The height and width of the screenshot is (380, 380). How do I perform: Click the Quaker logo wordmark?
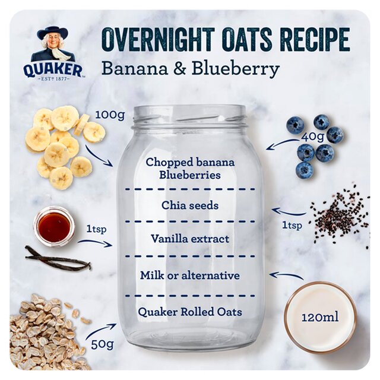[53, 70]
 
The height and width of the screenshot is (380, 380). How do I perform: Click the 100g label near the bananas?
[110, 115]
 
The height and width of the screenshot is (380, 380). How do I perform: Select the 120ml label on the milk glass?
[319, 317]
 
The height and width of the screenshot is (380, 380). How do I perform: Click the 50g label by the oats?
[102, 343]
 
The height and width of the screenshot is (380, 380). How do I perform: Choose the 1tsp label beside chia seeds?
[291, 225]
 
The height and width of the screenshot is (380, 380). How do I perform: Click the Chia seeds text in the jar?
[190, 205]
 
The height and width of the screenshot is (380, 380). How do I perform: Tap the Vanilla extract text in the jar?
[190, 239]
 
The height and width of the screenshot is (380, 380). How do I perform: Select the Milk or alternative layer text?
[190, 275]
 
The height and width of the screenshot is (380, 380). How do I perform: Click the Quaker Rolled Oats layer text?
[190, 312]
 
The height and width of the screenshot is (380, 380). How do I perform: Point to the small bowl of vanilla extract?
[54, 226]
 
